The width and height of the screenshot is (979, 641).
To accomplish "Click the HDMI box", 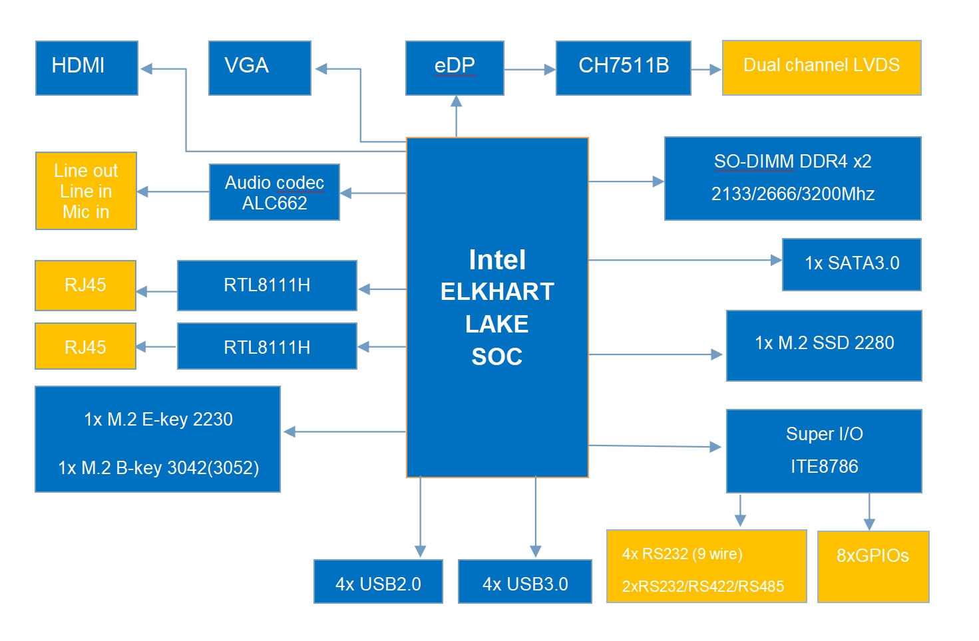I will (87, 68).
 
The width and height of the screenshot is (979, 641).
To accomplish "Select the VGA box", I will (260, 68).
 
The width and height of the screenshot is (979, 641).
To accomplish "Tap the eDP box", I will (455, 68).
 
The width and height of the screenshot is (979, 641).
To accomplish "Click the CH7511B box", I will (623, 68).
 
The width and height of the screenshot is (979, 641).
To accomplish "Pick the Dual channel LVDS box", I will (821, 68).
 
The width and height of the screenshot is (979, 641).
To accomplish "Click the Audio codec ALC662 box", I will (274, 192).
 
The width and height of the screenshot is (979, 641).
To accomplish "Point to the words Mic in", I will (85, 212).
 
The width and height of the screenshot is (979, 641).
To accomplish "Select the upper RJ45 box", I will (85, 285).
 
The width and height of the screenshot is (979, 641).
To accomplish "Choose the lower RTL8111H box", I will (267, 346).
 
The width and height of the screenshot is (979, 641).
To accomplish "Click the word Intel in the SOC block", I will (497, 260).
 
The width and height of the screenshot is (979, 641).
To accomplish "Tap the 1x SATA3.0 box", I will (851, 264).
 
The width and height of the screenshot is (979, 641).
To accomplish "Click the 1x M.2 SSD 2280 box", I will (824, 344).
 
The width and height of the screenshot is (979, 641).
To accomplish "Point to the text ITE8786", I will (824, 467).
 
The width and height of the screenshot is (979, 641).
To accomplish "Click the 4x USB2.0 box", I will (378, 582).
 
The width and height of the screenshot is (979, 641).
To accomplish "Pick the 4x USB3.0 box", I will (524, 582).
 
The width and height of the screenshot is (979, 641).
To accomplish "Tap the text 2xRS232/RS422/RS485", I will (703, 586).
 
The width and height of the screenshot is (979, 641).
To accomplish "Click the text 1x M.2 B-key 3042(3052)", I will (158, 468).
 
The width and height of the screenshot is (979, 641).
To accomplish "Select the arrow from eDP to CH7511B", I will (530, 69).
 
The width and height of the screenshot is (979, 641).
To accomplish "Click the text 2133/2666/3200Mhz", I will (793, 194).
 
